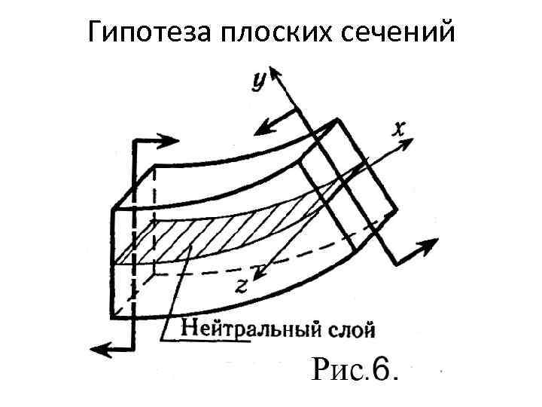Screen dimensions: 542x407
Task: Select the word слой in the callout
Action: [352, 329]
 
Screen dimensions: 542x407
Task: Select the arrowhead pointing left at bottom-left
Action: [97, 347]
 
